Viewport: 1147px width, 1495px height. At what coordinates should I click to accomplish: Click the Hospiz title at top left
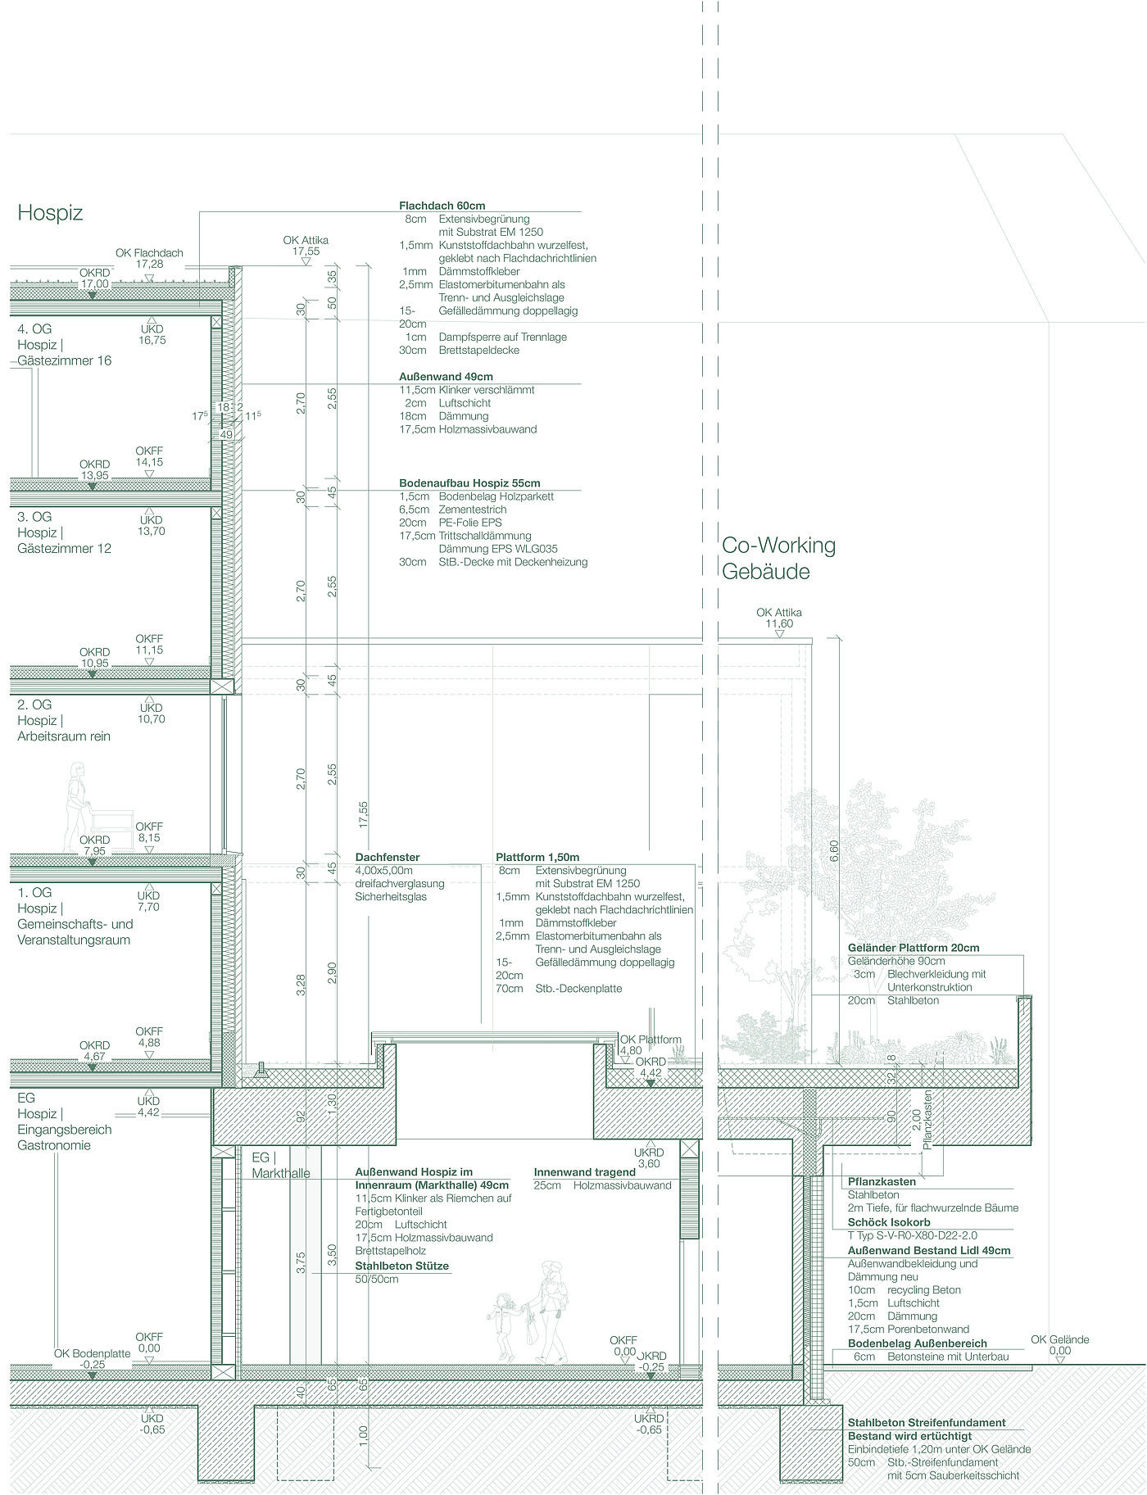[50, 214]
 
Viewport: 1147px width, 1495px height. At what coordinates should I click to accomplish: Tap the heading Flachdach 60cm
[442, 206]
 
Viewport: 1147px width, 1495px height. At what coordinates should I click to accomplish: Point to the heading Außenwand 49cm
[446, 377]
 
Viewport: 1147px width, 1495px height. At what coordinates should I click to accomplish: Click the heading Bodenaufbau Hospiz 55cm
[469, 483]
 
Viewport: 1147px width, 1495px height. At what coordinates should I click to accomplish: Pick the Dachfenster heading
[388, 857]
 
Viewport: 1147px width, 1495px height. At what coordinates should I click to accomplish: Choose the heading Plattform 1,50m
[537, 857]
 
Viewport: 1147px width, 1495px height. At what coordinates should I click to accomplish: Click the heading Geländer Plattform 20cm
[914, 948]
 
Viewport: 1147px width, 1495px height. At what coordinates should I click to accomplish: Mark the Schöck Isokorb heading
[889, 1222]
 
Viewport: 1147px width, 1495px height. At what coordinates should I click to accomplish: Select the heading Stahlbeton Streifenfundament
[927, 1422]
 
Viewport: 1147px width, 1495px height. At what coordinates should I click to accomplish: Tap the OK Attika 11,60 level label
[778, 618]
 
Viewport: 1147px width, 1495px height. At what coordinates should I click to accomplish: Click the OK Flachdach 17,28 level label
[149, 258]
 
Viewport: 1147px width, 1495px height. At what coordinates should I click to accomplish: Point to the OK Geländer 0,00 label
[1060, 1345]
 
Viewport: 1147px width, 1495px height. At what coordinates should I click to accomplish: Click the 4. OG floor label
[34, 329]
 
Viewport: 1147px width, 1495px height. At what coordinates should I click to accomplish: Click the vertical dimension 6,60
[834, 849]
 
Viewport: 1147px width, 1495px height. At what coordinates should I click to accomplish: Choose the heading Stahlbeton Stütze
[401, 1266]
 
